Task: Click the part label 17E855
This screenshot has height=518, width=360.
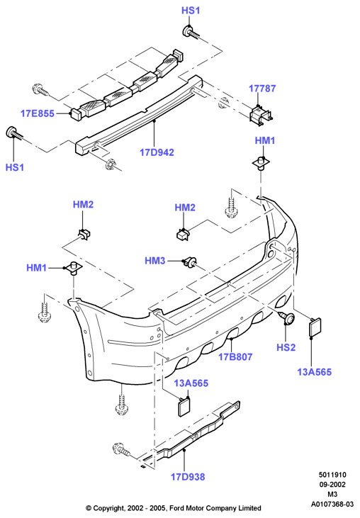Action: (38, 113)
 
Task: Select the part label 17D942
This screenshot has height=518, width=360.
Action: (157, 152)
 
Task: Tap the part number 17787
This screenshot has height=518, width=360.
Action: (262, 89)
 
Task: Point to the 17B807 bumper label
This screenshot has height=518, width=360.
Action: (235, 356)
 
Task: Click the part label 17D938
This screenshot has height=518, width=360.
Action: (188, 477)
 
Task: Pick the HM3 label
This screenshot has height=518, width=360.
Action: (155, 261)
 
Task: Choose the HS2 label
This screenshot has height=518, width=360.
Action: (286, 347)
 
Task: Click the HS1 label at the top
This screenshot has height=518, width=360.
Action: (191, 11)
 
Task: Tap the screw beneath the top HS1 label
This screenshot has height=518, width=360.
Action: (191, 33)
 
